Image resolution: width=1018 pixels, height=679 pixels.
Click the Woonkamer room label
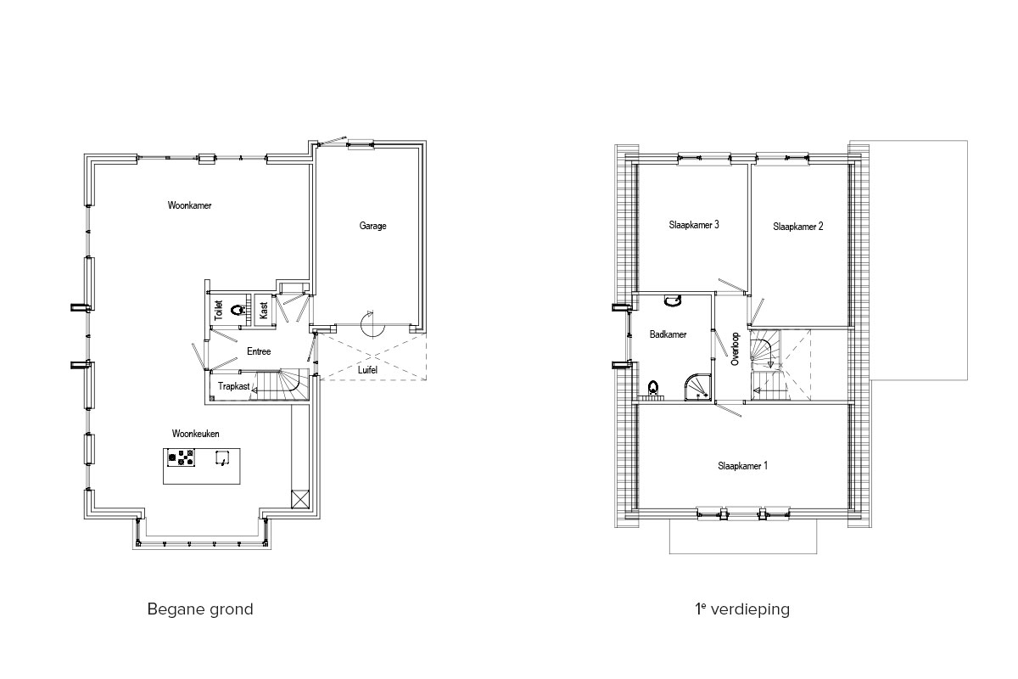pos(189,205)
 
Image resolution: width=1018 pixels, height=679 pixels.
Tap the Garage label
pos(372,226)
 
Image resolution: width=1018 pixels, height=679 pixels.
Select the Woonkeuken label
pos(195,434)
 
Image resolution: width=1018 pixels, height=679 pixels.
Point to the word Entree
pos(259,351)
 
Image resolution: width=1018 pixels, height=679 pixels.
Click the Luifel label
pos(367,370)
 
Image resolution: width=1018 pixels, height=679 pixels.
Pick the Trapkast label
pos(233,386)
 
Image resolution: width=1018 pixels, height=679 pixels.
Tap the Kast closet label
pos(264,311)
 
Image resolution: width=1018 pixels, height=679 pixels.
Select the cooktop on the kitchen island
pos(181,457)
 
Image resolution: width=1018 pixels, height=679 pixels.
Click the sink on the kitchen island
pos(221,457)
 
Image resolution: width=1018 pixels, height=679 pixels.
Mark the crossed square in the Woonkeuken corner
pos(300,499)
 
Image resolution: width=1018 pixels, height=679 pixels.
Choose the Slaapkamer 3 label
pos(694,225)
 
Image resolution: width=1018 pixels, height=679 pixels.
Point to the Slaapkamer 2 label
pos(797,227)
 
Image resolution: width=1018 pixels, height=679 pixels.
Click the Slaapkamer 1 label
pos(742,466)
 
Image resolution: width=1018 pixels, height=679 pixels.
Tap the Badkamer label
pos(668,334)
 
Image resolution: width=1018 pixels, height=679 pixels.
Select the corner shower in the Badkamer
pos(698,388)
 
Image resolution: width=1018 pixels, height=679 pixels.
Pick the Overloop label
pos(735,350)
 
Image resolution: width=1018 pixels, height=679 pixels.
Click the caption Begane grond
pos(200,609)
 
